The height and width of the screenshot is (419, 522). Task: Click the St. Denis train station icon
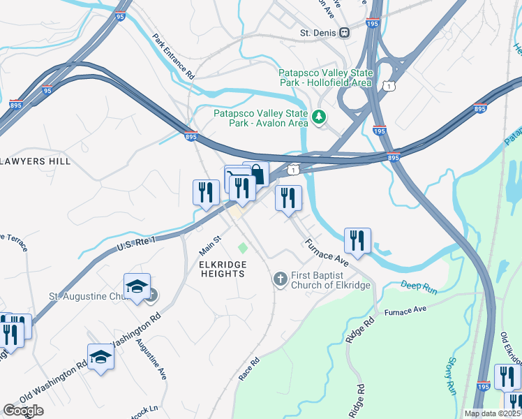coord(345,33)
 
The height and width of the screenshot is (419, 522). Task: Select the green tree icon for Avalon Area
coord(320,116)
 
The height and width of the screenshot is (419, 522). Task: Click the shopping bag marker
coord(256,175)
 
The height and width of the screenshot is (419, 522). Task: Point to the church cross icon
coord(280,279)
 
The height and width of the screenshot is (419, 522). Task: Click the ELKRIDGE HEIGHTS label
coord(222,269)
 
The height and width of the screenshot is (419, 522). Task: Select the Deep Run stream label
coord(418,286)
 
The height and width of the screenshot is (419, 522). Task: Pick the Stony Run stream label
coord(451,376)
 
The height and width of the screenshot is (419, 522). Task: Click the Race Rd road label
coord(249,369)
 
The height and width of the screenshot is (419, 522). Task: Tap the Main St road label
coord(209,244)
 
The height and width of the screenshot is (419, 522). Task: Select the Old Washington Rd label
coord(53,383)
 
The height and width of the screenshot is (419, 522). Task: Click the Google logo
coord(22,411)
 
